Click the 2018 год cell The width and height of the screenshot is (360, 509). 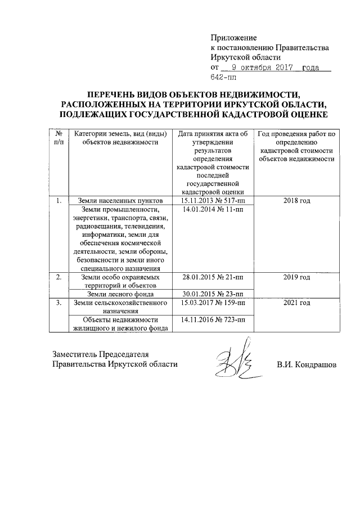click(296, 201)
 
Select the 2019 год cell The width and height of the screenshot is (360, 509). click(296, 277)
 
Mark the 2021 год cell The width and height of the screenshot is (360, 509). click(296, 303)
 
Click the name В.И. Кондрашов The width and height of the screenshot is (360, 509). click(306, 364)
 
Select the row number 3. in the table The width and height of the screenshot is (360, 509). click(58, 303)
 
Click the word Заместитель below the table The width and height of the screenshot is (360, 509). click(75, 354)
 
